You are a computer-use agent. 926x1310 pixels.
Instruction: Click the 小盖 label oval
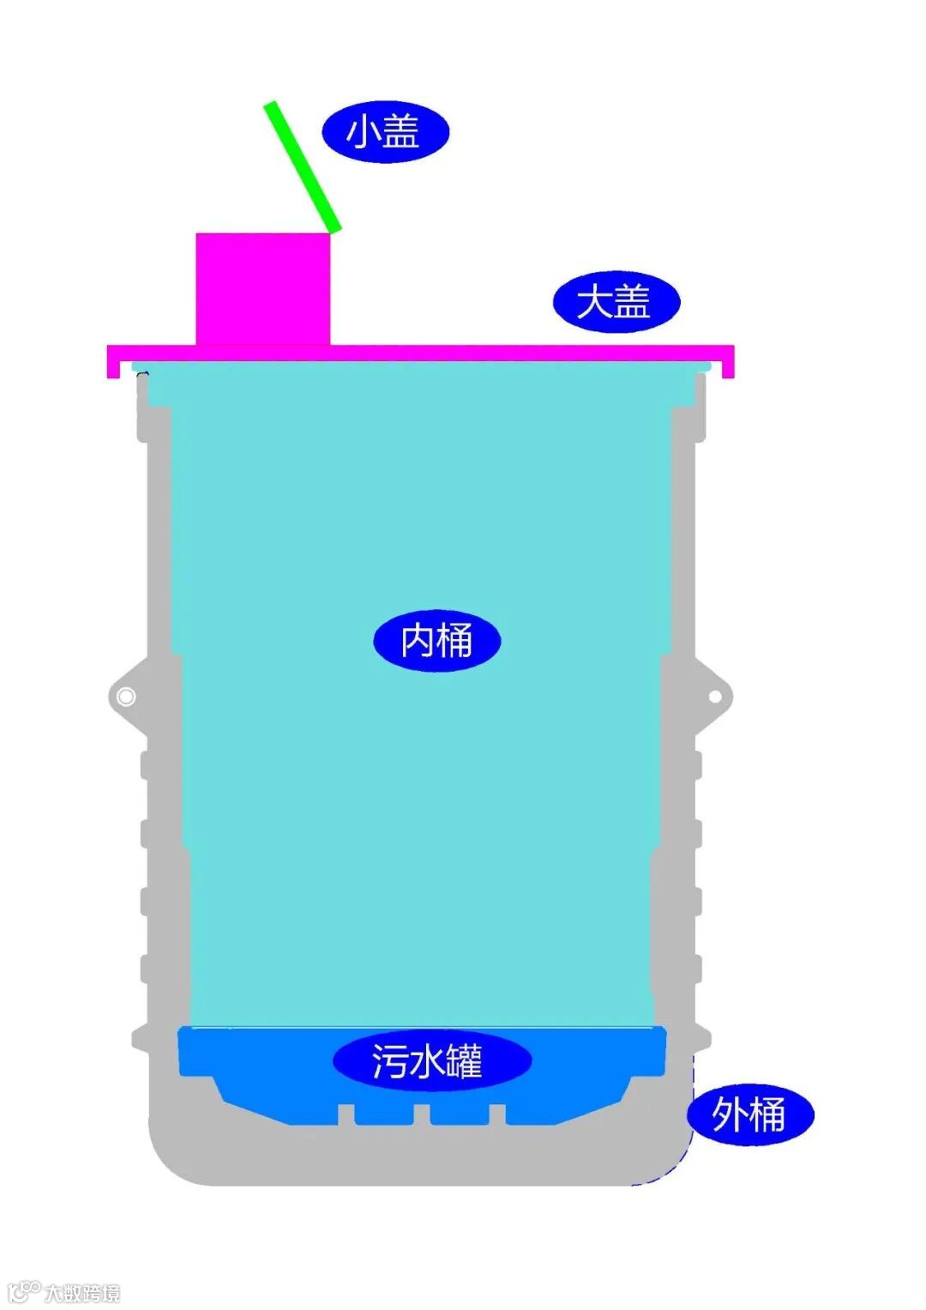[x=385, y=133]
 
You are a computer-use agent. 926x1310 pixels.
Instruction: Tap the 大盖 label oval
[x=616, y=302]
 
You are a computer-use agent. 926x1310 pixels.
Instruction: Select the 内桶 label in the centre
[x=436, y=641]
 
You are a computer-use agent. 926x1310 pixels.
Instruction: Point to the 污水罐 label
[x=431, y=1061]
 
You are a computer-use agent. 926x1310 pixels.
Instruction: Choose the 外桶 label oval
[x=750, y=1114]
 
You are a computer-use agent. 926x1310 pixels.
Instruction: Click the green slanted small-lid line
[x=303, y=166]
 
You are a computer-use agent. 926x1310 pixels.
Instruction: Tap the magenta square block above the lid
[x=263, y=288]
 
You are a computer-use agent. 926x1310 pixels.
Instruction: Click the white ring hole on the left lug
[x=125, y=697]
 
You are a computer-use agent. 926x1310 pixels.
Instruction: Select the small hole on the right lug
[x=715, y=697]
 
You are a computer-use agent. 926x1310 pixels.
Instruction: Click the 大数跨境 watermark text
[x=82, y=1292]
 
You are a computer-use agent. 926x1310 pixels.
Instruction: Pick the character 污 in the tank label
[x=388, y=1062]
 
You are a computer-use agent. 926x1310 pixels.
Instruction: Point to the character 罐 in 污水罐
[x=464, y=1062]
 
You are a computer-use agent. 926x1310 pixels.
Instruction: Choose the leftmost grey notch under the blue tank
[x=346, y=1114]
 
